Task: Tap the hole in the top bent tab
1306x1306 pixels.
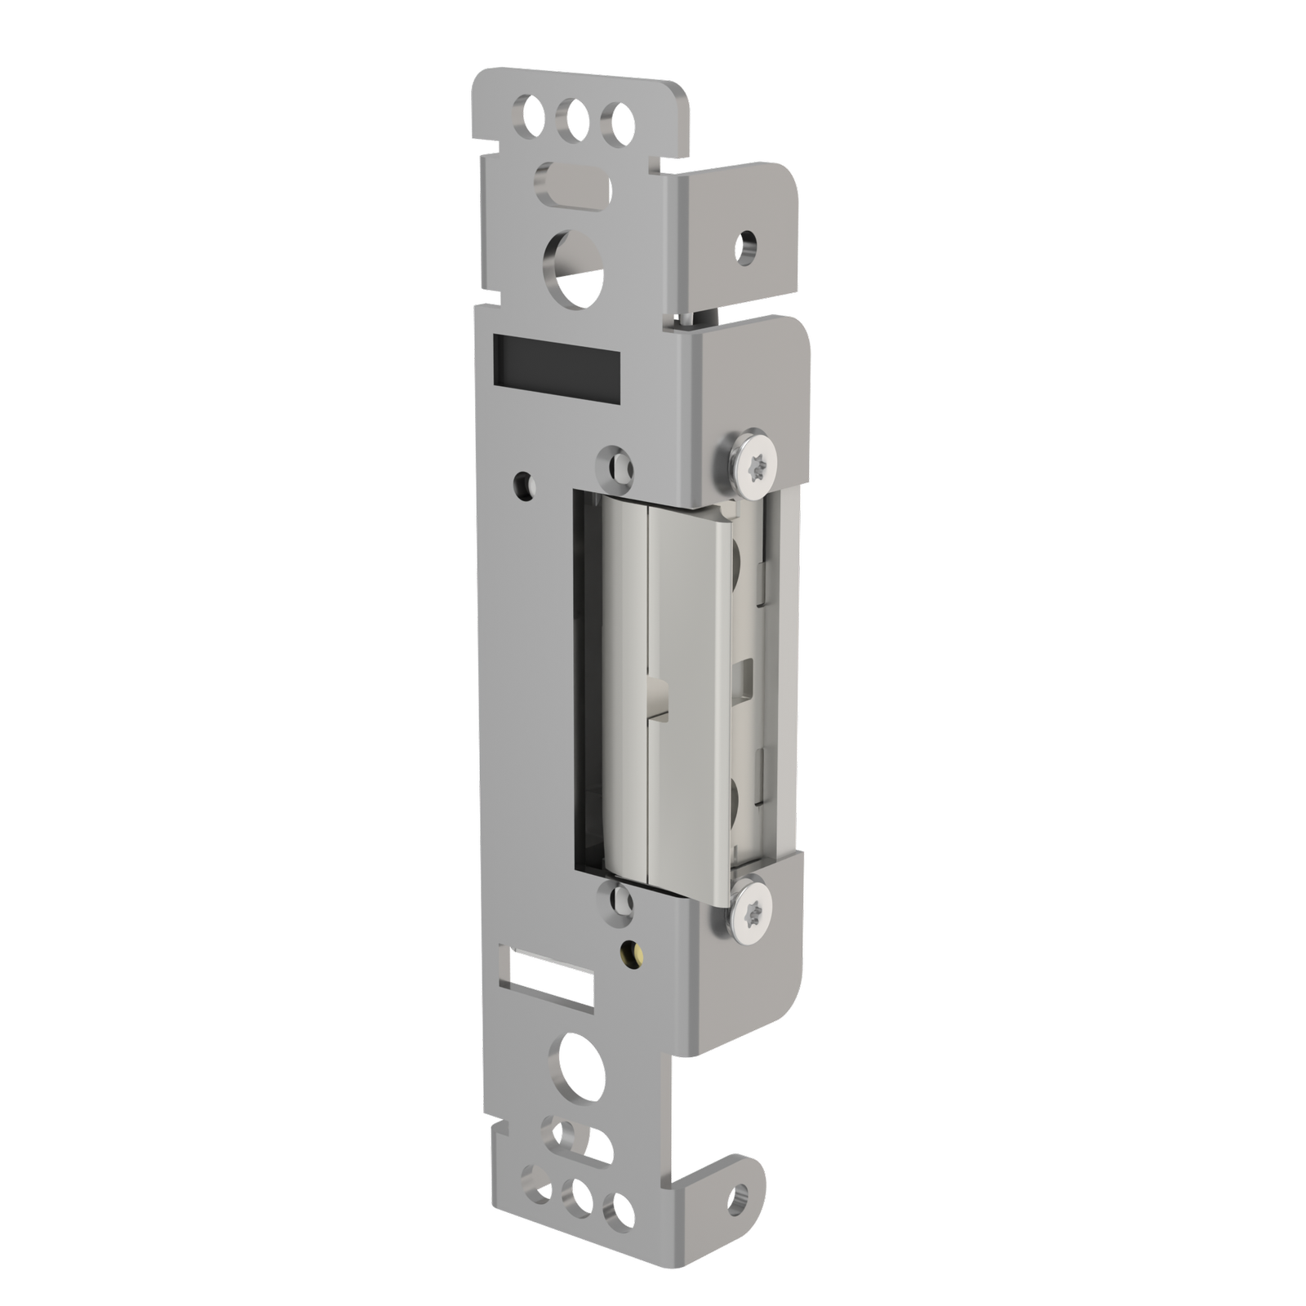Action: click(744, 243)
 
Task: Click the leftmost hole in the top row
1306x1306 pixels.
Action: click(528, 115)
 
